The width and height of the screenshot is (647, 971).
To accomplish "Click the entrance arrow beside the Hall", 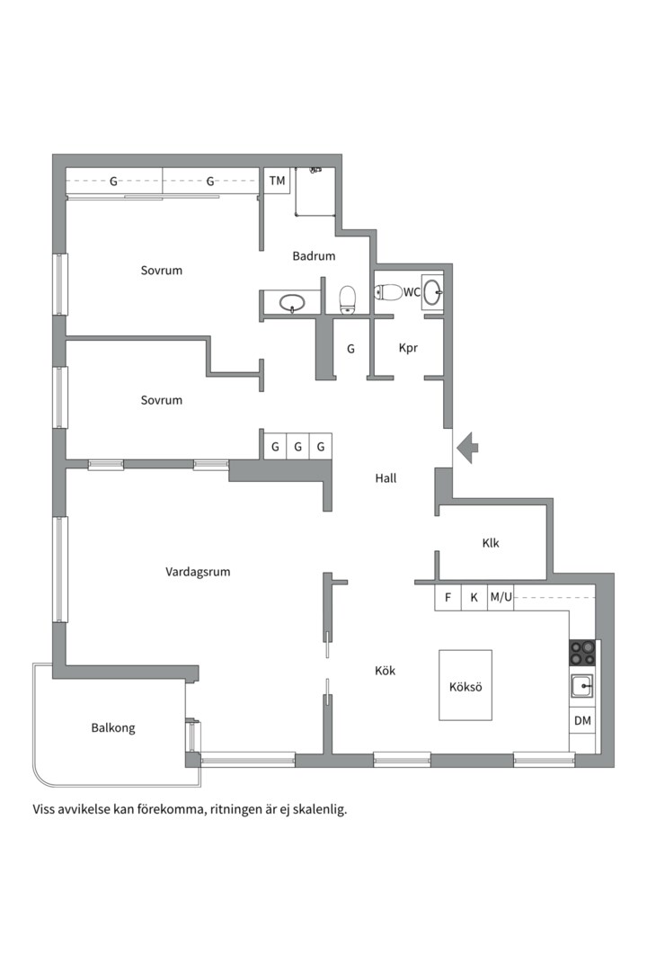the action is click(467, 447).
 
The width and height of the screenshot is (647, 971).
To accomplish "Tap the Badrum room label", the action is click(314, 255).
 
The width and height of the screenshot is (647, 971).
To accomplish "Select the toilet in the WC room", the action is click(389, 292).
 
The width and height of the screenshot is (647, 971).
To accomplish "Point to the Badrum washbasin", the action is click(292, 303).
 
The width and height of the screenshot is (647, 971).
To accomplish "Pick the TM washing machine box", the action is click(277, 181).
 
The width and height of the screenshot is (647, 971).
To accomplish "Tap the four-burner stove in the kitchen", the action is click(582, 653).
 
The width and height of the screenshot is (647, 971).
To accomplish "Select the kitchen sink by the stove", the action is click(582, 686).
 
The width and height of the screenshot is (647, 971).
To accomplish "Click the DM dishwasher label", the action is click(582, 720).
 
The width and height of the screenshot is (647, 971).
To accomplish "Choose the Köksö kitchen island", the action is click(465, 685).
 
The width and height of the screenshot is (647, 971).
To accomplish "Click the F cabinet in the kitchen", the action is click(448, 598).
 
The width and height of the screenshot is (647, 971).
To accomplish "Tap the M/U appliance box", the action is click(501, 598).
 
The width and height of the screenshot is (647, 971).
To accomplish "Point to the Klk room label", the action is click(491, 543).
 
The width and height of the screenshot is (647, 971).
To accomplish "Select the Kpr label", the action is click(408, 348).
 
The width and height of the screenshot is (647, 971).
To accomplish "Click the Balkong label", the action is click(113, 728).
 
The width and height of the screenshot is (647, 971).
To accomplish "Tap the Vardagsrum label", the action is click(198, 572).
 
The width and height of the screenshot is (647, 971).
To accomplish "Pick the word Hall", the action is click(386, 478).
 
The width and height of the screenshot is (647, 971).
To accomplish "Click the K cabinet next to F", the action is click(474, 598).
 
